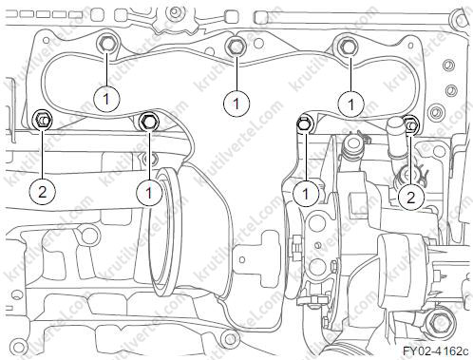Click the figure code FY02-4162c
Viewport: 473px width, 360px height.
coord(436,351)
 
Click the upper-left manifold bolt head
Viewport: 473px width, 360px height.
coord(107,43)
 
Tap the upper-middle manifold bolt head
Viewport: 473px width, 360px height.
coord(236,47)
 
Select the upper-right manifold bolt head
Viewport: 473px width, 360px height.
coord(349,47)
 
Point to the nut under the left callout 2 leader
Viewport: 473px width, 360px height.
coord(43,120)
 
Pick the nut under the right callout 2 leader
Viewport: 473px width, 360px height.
coord(411,124)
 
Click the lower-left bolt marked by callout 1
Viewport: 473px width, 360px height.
coord(149,122)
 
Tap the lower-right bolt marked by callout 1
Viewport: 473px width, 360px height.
coord(305,123)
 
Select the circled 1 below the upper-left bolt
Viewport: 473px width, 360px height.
coord(106,99)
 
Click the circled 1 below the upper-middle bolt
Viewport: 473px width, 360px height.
coord(236,104)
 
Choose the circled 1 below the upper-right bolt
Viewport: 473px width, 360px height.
coord(350,104)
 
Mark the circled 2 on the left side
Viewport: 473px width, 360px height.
coord(42,192)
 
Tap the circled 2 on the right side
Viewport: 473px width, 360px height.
coord(410,198)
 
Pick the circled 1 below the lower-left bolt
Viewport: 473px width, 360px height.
coord(149,192)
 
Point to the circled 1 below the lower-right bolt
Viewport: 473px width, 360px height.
coord(306,194)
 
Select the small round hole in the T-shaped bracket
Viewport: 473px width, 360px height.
coord(242,259)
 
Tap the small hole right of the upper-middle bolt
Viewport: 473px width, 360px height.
coord(258,43)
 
